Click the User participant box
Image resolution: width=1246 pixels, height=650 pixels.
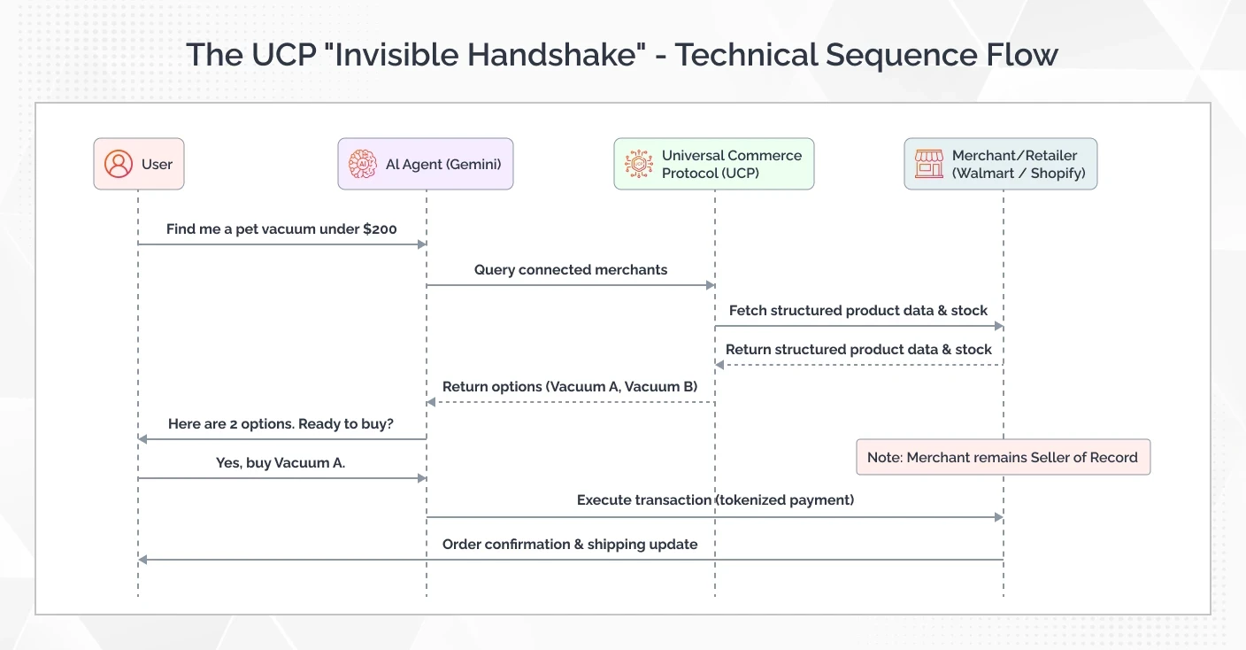[x=139, y=164]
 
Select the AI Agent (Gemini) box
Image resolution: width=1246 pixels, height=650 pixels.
[x=425, y=164]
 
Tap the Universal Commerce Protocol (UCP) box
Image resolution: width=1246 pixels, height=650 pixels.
[x=713, y=164]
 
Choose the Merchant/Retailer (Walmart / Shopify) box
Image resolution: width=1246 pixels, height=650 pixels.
[x=1000, y=164]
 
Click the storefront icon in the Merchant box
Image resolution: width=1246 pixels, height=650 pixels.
[x=928, y=164]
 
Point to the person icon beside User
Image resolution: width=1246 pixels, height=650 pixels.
[x=118, y=164]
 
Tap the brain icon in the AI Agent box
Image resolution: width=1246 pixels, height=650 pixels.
[x=363, y=164]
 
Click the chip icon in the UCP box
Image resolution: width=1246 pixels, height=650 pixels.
[x=638, y=164]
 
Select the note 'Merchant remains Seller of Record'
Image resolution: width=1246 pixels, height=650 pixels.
[x=1003, y=457]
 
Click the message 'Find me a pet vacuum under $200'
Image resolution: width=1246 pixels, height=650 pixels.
[x=281, y=229]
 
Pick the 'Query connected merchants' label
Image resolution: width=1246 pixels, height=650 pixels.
[x=570, y=270]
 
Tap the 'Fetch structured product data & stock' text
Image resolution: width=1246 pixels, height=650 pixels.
[x=858, y=311]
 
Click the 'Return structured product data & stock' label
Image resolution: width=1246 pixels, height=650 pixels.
[x=858, y=350]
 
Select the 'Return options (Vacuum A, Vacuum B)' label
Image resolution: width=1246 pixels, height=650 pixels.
[x=570, y=387]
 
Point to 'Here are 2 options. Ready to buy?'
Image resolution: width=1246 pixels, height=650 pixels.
[x=281, y=424]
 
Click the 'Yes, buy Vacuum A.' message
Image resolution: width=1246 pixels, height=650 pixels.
[x=281, y=463]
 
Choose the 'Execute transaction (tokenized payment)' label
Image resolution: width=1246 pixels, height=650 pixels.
[x=715, y=500]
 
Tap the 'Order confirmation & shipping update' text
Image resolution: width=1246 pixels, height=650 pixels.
[x=570, y=545]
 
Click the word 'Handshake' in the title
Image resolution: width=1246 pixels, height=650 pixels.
[x=551, y=55]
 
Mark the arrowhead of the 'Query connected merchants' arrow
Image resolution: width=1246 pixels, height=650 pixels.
[x=710, y=285]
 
